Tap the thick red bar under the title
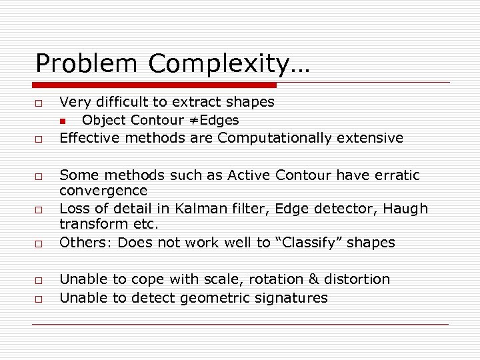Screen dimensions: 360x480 [155, 85]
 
